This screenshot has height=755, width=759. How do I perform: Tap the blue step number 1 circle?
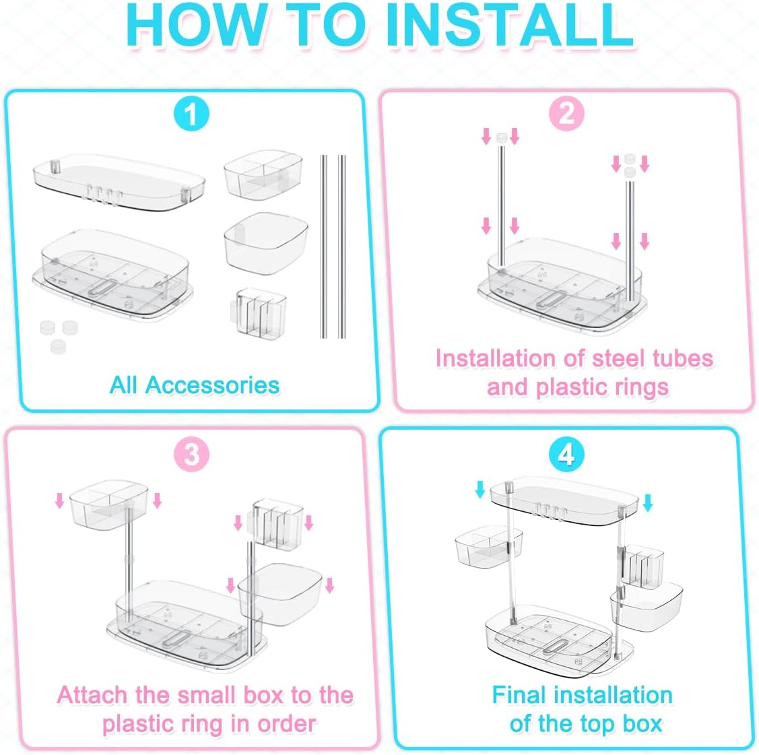pos(191,114)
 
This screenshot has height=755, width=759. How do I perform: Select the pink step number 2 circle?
pos(566,114)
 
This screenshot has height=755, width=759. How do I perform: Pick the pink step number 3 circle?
pos(191,455)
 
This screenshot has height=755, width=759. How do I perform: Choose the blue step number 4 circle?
pos(566,455)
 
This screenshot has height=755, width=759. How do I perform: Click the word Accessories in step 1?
pos(213,385)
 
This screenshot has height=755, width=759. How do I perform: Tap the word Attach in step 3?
pos(94,695)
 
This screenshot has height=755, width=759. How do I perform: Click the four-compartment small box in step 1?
pos(263,174)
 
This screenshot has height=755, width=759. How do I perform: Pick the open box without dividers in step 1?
pos(266,243)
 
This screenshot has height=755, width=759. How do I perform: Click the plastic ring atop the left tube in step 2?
pos(501,138)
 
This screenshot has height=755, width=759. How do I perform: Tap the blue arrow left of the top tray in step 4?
pos(480,489)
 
